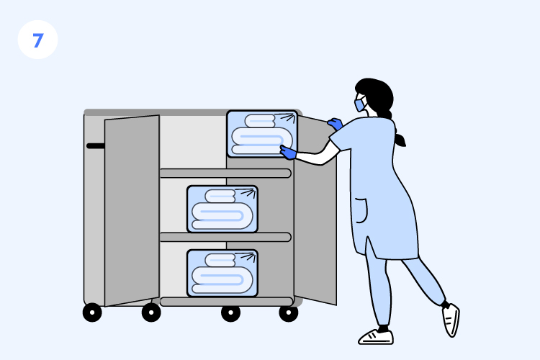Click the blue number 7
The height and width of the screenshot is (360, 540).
tap(38, 40)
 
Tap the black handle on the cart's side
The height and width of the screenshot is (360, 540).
tap(95, 145)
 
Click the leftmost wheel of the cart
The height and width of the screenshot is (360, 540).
tap(92, 312)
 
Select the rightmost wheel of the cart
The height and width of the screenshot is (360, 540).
tap(289, 312)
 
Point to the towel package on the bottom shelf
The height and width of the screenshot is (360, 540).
tap(222, 273)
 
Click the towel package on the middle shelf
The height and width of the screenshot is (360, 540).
tap(222, 209)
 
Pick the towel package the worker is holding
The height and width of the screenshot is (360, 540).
tap(262, 134)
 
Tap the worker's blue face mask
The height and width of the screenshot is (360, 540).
tap(360, 104)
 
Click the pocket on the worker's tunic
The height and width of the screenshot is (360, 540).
tap(361, 210)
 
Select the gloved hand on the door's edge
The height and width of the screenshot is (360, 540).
tap(335, 124)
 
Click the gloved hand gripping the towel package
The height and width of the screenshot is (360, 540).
tap(288, 152)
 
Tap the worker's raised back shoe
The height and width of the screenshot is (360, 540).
tap(451, 320)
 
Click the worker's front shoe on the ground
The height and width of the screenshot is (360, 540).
tap(376, 337)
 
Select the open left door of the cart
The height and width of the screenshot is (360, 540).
tap(132, 210)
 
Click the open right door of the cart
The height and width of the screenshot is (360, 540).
tap(315, 210)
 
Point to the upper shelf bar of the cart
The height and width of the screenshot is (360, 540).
tap(225, 174)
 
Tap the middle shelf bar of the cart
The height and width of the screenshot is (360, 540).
tap(225, 238)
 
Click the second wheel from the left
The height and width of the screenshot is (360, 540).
tap(151, 312)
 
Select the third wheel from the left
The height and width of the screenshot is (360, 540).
tap(230, 313)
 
